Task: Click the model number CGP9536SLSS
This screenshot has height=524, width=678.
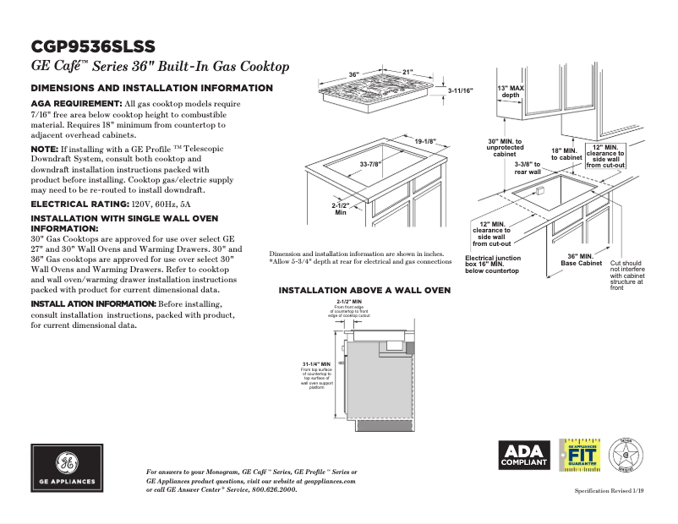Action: (x=92, y=46)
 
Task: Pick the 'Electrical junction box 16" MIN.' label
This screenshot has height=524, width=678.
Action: (x=493, y=264)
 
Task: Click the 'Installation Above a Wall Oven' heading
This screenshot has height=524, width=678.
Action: (x=364, y=291)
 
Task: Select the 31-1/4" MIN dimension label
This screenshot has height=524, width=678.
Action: (x=315, y=363)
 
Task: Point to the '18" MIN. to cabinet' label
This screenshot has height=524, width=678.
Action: (x=566, y=154)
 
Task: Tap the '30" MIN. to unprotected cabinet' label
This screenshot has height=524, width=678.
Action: (x=505, y=148)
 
